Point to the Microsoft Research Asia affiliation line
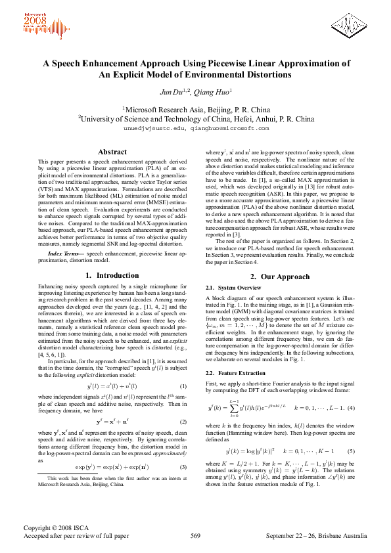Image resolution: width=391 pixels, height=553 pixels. pyautogui.click(x=195, y=109)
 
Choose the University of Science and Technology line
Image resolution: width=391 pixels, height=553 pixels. pyautogui.click(x=195, y=119)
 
